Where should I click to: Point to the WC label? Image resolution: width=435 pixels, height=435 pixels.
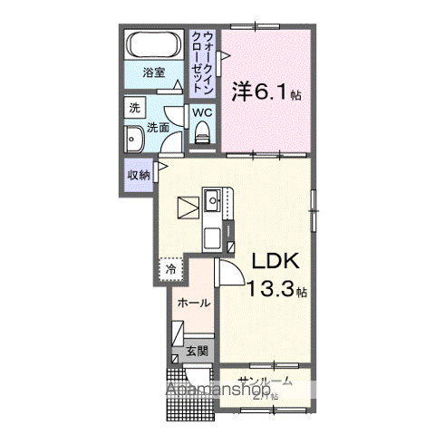point(200,112)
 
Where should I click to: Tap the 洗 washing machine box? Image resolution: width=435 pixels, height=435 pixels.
point(134,107)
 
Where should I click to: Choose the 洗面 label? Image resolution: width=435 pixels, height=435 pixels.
point(158,127)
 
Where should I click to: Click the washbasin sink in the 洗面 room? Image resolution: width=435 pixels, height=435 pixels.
point(133,140)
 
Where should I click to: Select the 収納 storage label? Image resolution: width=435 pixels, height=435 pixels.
point(137,175)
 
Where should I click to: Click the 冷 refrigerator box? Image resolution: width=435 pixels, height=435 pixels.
point(169,269)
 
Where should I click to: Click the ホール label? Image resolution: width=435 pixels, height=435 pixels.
point(194,303)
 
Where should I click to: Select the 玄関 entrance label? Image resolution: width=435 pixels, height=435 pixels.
point(198,350)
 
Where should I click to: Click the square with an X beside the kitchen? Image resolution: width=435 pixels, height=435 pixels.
point(188,208)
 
